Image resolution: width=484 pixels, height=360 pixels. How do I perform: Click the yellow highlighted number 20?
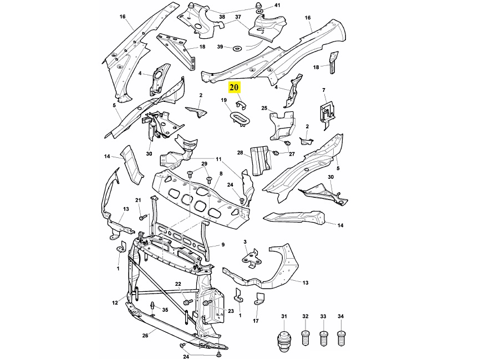coord(234,88)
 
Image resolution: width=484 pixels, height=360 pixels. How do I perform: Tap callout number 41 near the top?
coord(277,5)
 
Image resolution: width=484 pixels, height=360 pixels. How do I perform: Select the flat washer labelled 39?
coord(236,48)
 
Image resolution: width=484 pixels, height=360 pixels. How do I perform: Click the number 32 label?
coord(305,316)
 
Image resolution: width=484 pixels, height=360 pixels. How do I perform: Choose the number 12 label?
coord(115,303)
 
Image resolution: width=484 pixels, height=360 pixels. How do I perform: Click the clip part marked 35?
coord(152,308)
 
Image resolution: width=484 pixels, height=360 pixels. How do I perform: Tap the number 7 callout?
coord(324,90)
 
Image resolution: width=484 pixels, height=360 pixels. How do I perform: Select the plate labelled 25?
coord(282,125)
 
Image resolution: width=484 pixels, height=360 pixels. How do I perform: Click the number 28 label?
coord(240,153)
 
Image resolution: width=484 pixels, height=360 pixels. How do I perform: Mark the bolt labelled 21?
coord(142,217)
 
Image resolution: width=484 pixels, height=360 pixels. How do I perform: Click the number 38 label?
coord(222,17)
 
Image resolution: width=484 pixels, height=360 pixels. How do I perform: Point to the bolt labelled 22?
coord(187,302)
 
